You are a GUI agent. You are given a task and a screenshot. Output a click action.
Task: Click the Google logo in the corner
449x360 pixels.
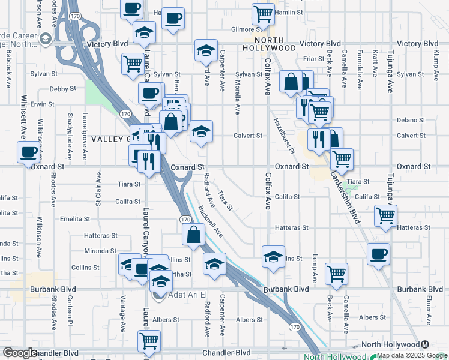20,353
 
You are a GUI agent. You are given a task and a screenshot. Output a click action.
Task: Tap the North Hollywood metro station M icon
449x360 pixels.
425,344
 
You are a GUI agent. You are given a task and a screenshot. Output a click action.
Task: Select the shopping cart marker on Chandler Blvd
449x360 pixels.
148,341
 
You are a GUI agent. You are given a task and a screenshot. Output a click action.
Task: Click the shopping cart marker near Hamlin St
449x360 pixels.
264,13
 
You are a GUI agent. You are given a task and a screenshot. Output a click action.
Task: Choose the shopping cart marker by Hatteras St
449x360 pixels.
385,215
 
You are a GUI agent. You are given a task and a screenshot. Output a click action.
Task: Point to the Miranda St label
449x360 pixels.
100,251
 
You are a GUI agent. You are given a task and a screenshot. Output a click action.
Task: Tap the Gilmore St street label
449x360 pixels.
247,28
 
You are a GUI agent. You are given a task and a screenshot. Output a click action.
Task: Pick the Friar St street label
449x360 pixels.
313,59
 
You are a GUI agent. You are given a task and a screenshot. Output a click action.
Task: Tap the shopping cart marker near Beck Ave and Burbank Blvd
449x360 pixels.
336,273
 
